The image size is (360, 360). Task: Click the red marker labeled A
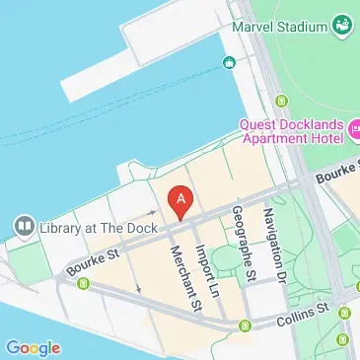180,200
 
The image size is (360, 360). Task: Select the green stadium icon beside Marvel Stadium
343,22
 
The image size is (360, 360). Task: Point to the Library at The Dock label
87,228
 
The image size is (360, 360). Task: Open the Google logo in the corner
33,347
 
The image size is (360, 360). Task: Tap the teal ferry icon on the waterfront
229,64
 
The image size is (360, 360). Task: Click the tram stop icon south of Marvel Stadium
282,100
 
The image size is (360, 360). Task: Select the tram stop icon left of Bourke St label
83,284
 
